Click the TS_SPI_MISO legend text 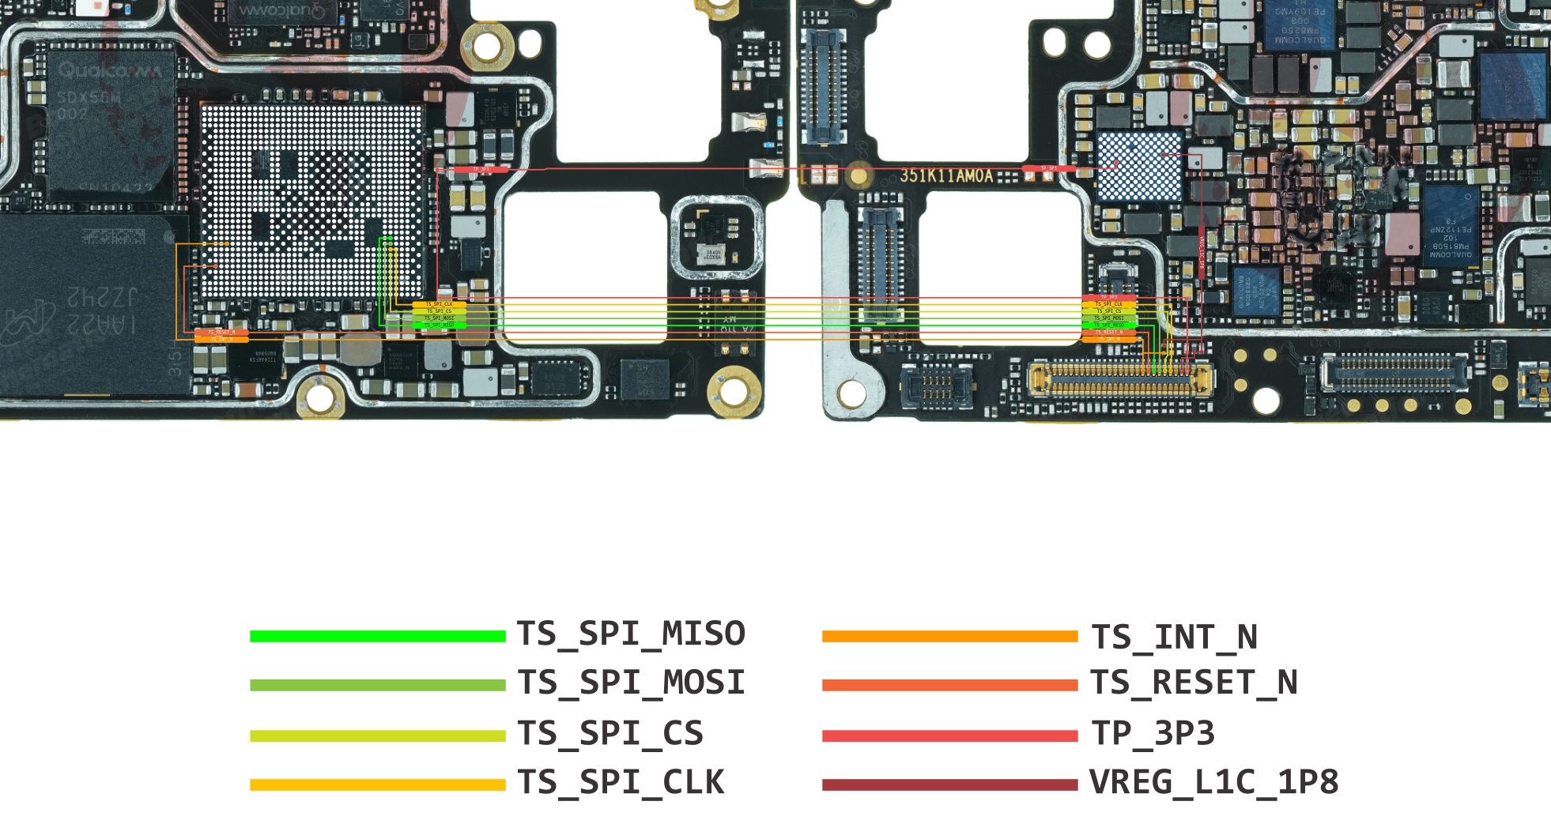631,634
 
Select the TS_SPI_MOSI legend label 631,683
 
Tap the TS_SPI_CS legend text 610,733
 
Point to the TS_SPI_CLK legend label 621,782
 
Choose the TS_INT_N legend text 1174,637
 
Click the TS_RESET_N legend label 1194,683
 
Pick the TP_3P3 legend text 1153,733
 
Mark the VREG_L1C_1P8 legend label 1213,782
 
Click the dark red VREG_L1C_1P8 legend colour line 949,784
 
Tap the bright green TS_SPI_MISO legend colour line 377,636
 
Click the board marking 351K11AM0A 945,175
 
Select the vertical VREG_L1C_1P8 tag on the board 1201,253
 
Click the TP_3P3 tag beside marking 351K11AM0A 1048,168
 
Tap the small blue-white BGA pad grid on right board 1139,166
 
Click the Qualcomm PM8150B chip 1451,229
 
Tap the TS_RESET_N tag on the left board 221,333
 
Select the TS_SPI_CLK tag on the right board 1108,304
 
